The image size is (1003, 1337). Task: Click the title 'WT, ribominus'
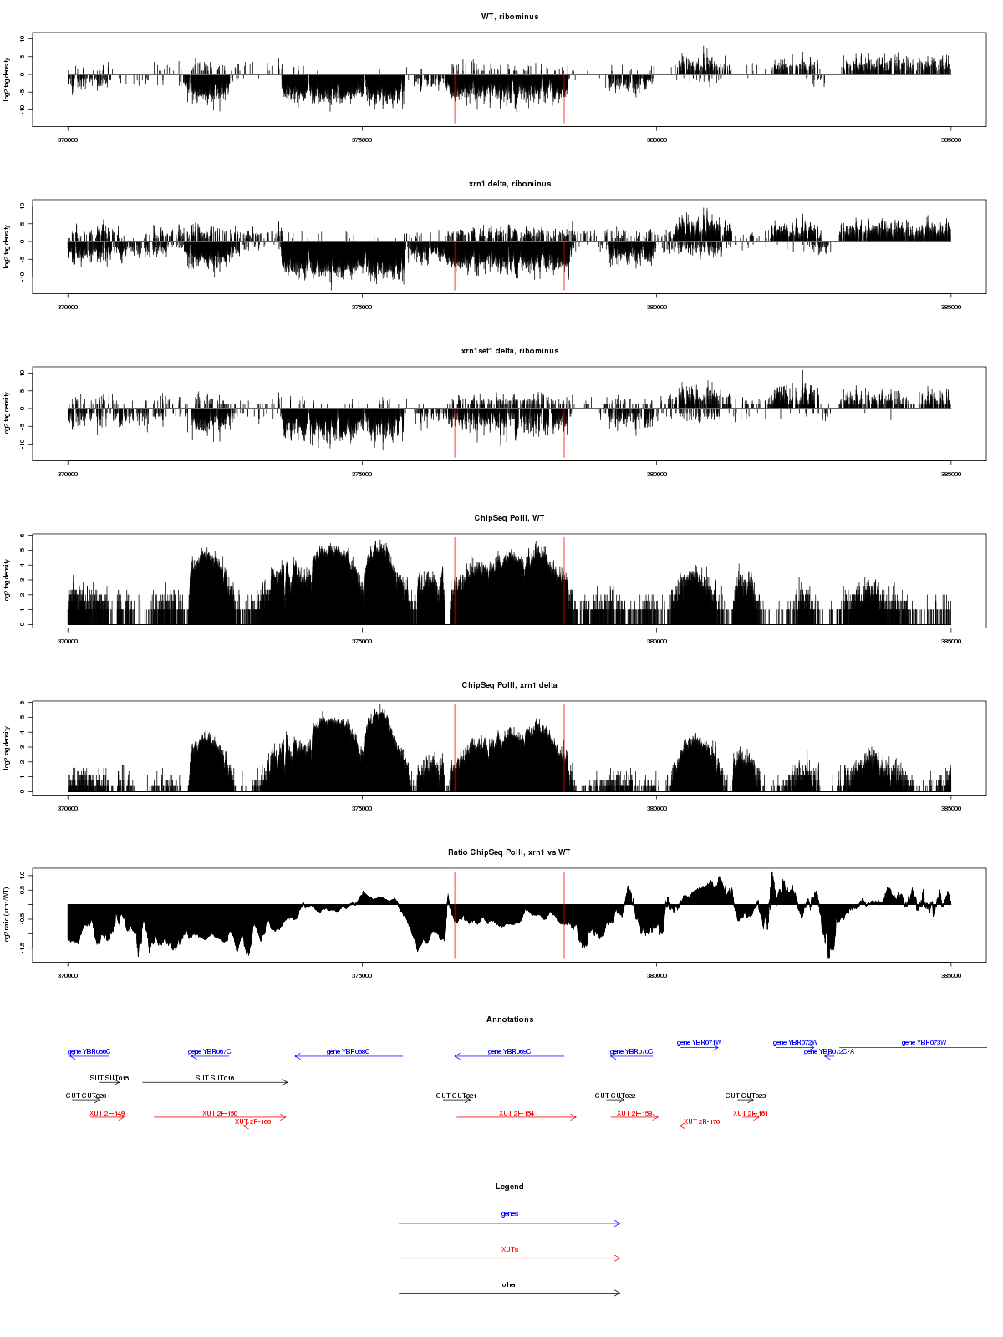(510, 17)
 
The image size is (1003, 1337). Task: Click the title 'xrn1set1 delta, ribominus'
(510, 351)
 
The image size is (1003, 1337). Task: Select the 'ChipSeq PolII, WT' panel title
(510, 518)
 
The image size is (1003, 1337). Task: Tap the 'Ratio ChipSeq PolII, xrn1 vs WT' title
(510, 852)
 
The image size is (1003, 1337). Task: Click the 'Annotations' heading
(510, 1019)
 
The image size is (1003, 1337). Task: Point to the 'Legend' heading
(510, 1187)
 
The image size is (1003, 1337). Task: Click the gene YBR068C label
(349, 1052)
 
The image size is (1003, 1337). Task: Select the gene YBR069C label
(510, 1052)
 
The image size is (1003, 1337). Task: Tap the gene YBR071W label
(700, 1043)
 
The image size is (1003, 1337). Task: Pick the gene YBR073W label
(924, 1043)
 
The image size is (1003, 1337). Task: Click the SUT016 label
(215, 1078)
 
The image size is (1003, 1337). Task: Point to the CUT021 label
(456, 1096)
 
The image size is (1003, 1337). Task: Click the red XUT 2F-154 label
(517, 1113)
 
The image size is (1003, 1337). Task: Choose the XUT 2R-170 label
(702, 1122)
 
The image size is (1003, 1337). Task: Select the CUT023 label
(746, 1096)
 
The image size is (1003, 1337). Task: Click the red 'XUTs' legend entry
(510, 1249)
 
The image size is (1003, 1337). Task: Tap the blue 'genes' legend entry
(510, 1214)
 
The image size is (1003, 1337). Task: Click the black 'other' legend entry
(510, 1284)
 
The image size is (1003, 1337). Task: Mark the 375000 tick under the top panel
(362, 140)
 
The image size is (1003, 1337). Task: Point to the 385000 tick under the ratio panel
(951, 975)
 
